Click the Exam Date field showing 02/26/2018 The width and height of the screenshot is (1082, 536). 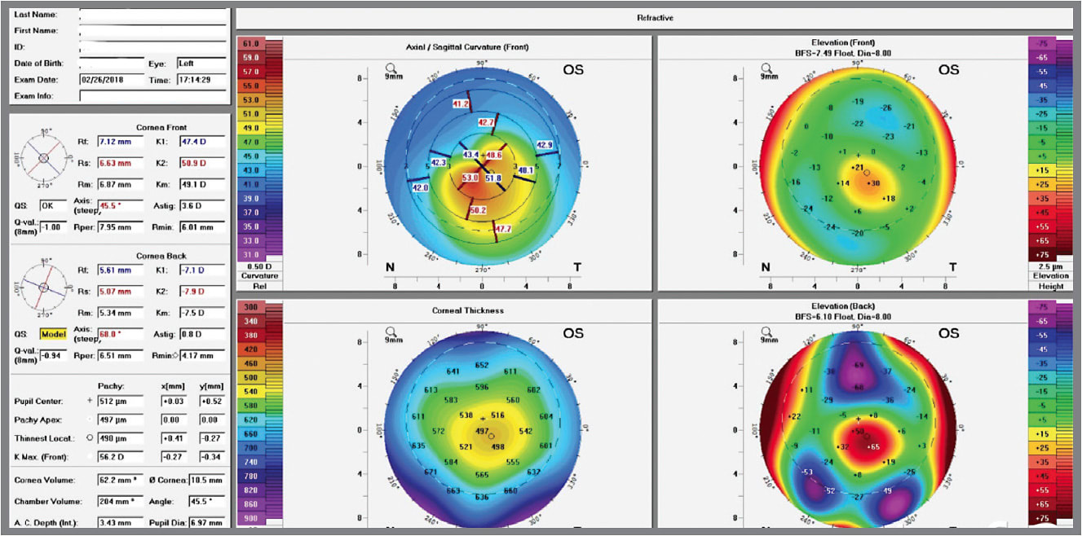112,80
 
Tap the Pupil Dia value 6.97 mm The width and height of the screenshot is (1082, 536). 207,522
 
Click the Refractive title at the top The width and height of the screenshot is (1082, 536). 654,18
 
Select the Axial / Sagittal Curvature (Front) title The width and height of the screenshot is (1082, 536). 467,47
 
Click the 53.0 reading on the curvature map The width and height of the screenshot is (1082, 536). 470,178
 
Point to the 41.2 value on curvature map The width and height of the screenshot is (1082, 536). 461,104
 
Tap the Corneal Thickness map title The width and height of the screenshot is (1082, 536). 467,310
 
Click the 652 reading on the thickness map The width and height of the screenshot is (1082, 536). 482,365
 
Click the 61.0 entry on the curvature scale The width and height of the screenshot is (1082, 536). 250,42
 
